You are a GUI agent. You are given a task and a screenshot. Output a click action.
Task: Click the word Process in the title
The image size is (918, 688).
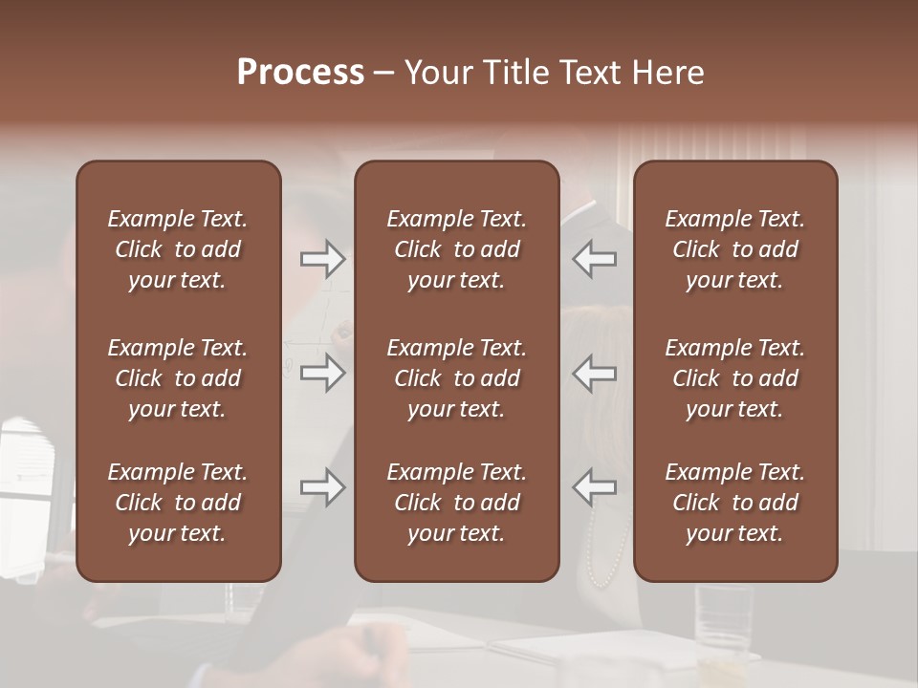[x=300, y=72]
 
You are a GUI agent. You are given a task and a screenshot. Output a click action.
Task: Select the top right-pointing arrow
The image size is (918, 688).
[x=322, y=259]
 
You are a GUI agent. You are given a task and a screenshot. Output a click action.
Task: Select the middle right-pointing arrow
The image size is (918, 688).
[x=322, y=373]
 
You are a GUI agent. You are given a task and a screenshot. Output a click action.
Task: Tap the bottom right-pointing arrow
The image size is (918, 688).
[x=322, y=487]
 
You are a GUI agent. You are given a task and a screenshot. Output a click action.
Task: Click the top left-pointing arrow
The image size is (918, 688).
[x=595, y=259]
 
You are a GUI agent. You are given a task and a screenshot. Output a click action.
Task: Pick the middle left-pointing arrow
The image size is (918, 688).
[x=595, y=373]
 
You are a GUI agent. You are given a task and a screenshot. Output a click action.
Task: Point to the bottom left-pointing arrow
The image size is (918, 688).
[x=595, y=487]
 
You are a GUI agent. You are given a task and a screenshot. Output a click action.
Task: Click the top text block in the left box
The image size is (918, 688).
[x=178, y=249]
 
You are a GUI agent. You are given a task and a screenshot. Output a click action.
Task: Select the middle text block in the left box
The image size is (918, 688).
[x=178, y=378]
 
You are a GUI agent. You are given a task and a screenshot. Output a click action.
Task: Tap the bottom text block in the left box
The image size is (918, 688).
[x=178, y=503]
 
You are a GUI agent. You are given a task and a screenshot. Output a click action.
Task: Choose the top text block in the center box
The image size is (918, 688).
[x=457, y=249]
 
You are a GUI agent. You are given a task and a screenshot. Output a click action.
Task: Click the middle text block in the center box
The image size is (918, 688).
[x=457, y=378]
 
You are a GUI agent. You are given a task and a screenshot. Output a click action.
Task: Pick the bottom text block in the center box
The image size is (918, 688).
[x=457, y=503]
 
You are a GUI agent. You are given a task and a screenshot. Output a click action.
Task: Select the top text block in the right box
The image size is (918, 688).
[x=735, y=249]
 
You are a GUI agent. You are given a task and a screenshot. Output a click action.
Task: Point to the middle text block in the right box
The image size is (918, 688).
[x=735, y=378]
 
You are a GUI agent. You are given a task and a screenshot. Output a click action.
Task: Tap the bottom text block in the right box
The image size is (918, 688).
[x=735, y=503]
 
